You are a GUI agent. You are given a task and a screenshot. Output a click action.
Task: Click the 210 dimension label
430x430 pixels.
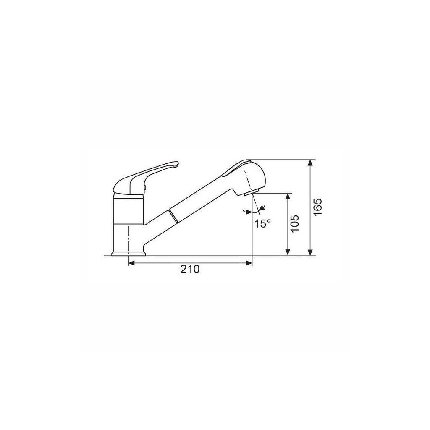pos(190,269)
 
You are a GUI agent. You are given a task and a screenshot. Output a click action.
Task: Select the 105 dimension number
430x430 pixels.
pos(295,223)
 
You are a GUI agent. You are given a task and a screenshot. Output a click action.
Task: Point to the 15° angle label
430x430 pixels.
pos(262,223)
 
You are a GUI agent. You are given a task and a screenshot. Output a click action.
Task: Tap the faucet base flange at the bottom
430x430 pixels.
pos(128,253)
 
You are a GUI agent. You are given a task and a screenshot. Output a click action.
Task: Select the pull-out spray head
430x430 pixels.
pos(244,177)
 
